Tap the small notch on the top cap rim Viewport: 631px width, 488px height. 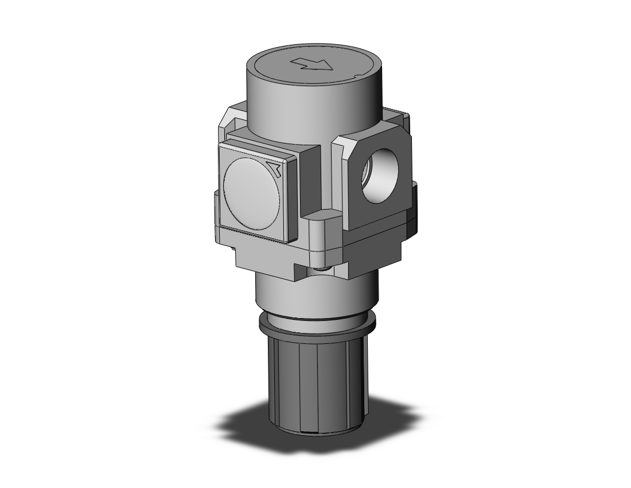tap(357, 76)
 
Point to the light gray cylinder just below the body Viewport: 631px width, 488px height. tap(315, 296)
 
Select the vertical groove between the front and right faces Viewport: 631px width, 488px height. tap(326, 172)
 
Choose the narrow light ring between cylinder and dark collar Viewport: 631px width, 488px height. tap(315, 317)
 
